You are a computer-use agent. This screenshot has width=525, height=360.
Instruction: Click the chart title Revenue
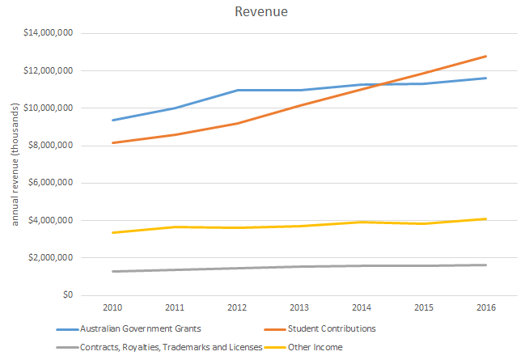click(x=262, y=12)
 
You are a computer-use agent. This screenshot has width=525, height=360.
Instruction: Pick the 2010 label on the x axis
click(x=112, y=308)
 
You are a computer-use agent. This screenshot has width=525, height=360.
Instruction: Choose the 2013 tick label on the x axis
click(x=299, y=308)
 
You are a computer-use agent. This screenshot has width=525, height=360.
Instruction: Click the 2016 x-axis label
click(x=485, y=308)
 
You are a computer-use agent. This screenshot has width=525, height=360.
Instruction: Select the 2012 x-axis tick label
click(x=237, y=308)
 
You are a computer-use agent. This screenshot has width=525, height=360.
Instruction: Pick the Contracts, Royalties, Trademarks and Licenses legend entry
click(x=163, y=347)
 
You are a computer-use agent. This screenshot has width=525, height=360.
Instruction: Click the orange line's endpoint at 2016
click(x=485, y=56)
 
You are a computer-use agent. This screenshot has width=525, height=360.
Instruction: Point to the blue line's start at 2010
click(x=112, y=121)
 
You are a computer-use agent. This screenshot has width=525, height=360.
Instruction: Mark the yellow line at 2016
click(x=485, y=218)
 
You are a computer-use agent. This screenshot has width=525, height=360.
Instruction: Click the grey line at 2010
click(x=112, y=271)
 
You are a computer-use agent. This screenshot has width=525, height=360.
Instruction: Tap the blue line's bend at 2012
click(x=237, y=90)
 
